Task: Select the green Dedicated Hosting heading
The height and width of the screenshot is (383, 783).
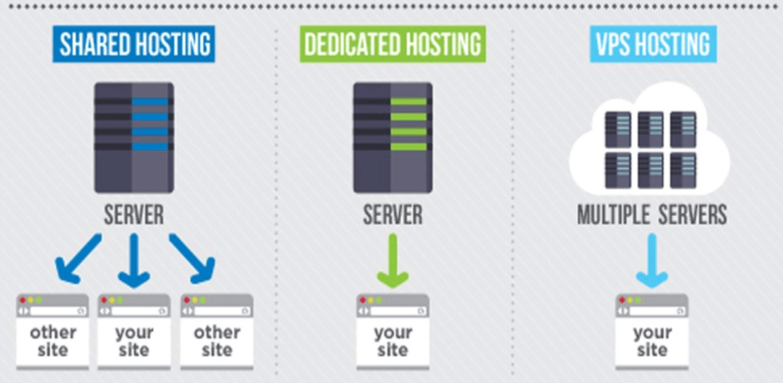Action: click(393, 44)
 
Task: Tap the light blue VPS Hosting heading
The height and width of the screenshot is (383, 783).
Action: click(653, 44)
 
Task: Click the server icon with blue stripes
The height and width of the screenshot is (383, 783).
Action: click(134, 138)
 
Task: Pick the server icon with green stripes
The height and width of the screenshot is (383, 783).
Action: click(393, 138)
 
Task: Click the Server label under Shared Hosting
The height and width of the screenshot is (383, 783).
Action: click(134, 215)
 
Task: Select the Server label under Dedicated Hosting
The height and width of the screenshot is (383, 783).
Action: click(393, 215)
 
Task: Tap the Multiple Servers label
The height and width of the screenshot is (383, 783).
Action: click(651, 215)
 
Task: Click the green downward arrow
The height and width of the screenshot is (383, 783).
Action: click(393, 260)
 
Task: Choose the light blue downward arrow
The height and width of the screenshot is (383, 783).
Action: click(651, 260)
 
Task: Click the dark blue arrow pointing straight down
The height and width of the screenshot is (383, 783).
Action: click(134, 260)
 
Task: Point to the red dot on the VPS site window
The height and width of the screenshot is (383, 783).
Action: click(622, 300)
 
